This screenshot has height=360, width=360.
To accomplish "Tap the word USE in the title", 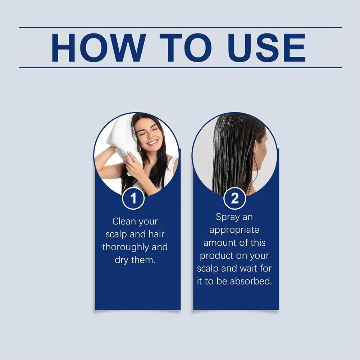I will pyautogui.click(x=266, y=47).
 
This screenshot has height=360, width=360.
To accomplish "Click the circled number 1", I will pyautogui.click(x=133, y=198).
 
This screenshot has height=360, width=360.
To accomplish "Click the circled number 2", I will pyautogui.click(x=234, y=198).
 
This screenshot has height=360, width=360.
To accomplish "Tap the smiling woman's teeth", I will pyautogui.click(x=152, y=142).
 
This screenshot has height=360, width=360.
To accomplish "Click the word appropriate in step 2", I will pyautogui.click(x=234, y=230).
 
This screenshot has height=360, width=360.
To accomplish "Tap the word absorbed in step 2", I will pyautogui.click(x=251, y=281).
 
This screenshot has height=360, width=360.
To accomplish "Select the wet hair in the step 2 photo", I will pyautogui.click(x=230, y=155).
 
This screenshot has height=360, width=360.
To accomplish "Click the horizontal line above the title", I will pyautogui.click(x=180, y=27).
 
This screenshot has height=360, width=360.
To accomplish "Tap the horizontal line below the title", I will pyautogui.click(x=180, y=67).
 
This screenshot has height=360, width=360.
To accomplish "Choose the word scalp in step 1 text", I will pyautogui.click(x=117, y=234).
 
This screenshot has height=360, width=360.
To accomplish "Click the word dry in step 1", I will pyautogui.click(x=121, y=260).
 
